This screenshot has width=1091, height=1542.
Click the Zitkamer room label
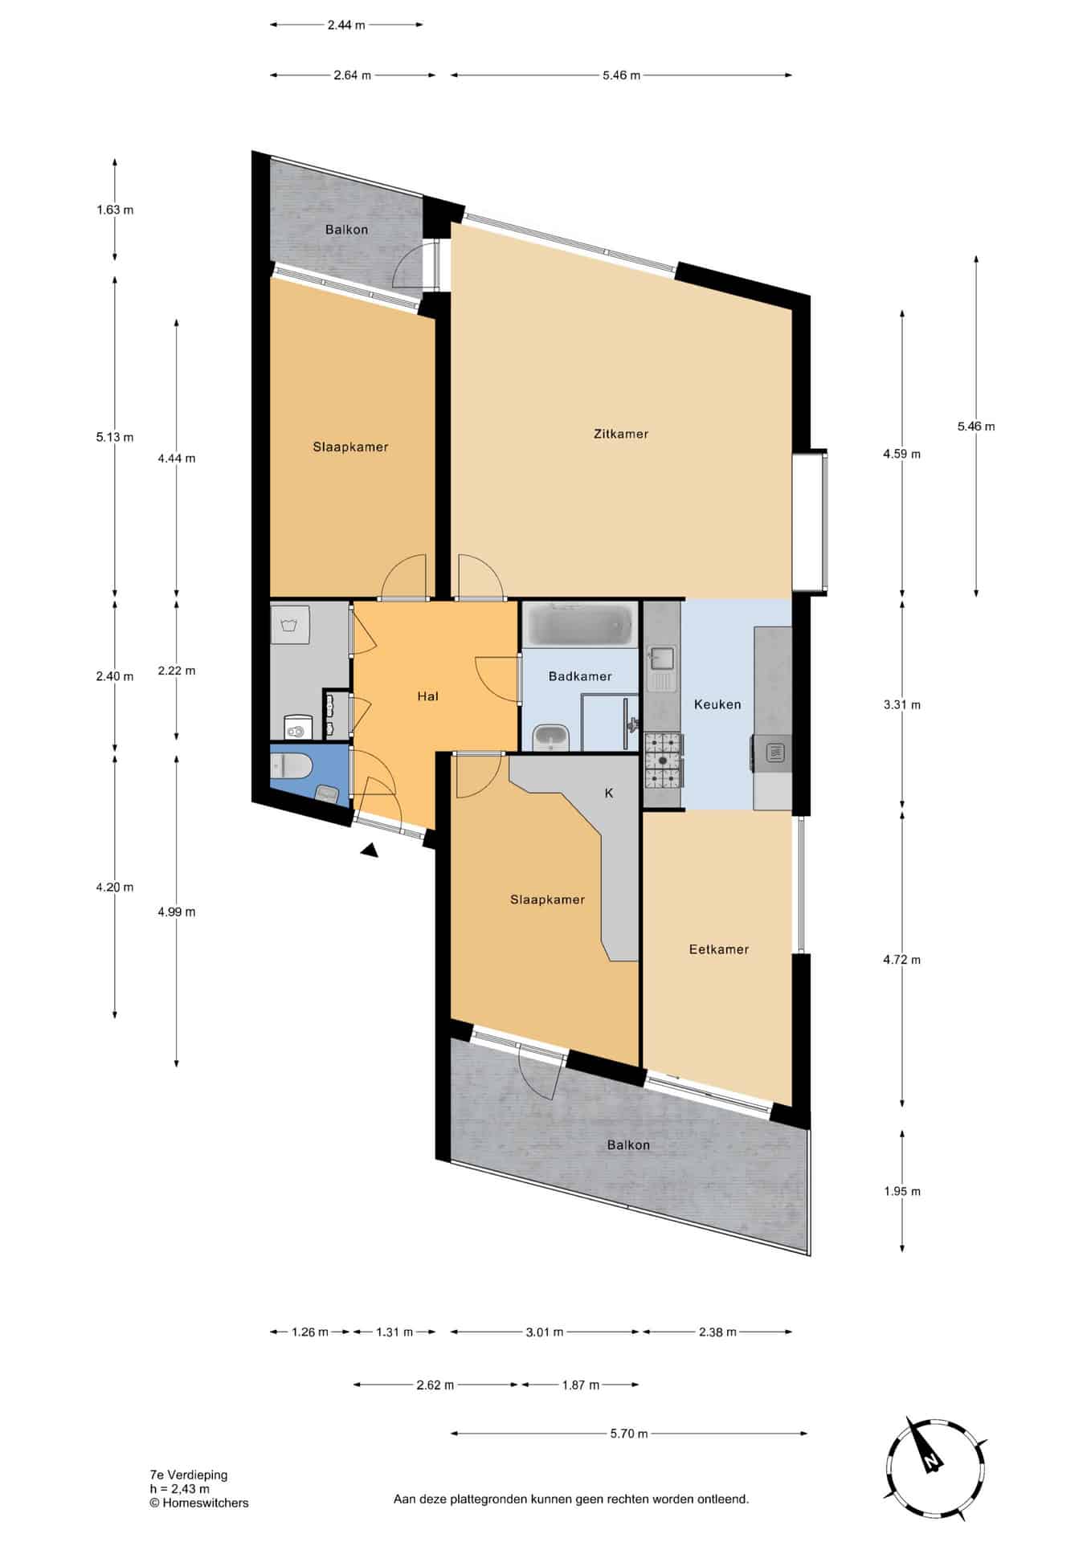coord(620,434)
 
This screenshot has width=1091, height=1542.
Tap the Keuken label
coord(717,704)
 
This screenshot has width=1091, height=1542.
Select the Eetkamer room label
coord(719,949)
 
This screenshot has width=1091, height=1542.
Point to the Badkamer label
coord(580,676)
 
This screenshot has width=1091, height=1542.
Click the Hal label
coord(427,696)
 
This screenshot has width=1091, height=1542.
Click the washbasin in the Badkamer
coord(551,736)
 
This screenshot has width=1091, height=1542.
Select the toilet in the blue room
coord(290,767)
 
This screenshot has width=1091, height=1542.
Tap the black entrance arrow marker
coord(370,851)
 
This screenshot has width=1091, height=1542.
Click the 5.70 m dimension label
coord(629,1434)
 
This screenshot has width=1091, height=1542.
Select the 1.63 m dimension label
coord(115,210)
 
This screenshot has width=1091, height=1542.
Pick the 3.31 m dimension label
coord(902,705)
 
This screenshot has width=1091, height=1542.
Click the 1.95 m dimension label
coord(902,1191)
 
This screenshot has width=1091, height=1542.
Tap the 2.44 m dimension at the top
coord(346,25)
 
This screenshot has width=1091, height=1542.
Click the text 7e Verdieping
coord(189,1475)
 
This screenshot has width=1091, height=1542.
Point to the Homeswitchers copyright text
coord(199,1503)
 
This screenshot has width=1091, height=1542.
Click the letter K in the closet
coord(609,793)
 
